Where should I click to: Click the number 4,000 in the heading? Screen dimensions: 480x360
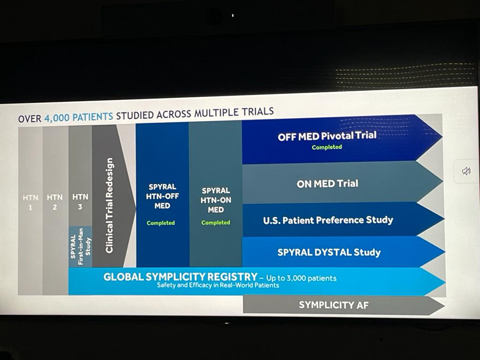point(57,118)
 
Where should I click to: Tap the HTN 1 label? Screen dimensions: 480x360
point(30,202)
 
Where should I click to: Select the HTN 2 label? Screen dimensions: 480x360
point(55,202)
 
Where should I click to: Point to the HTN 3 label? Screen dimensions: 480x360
point(80,202)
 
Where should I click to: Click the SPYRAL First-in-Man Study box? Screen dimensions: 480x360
point(81,247)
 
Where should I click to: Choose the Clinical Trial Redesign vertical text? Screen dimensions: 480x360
point(109,205)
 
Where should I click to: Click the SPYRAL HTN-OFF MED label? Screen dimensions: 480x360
point(162,196)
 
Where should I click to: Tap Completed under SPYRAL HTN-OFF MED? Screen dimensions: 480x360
point(161,223)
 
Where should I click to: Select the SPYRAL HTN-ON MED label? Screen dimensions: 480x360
point(216,200)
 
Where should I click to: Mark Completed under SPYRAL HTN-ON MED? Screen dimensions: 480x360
point(216,223)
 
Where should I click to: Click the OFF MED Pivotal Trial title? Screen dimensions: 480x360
point(327,136)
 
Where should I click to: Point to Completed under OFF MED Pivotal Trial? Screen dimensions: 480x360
point(327,147)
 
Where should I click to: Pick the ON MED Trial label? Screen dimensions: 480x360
point(327,184)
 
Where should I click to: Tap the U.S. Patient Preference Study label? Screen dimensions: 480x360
point(328,220)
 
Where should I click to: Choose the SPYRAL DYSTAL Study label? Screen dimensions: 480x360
point(329,253)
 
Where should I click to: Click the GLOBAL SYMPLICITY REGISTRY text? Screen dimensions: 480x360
point(180,277)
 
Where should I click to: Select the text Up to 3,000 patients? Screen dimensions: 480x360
point(301,278)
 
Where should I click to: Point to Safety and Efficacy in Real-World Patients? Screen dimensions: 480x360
point(218,285)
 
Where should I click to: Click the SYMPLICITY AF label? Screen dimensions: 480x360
point(334,305)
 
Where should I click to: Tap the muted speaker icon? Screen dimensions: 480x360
point(466,171)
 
